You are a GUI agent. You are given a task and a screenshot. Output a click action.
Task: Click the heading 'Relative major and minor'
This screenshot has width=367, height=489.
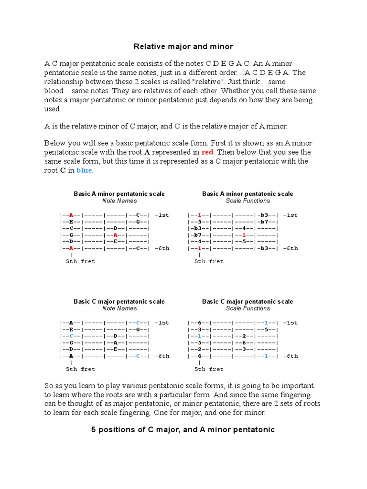click(183, 46)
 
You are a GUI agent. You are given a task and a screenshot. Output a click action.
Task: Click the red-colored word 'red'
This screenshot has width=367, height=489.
click(207, 152)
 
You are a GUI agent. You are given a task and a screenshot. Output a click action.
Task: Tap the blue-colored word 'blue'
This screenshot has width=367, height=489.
click(85, 170)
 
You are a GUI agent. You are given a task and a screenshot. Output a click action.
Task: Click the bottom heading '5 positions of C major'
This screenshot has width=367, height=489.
click(183, 430)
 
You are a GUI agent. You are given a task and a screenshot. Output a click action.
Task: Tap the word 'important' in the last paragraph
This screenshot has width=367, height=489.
click(297, 385)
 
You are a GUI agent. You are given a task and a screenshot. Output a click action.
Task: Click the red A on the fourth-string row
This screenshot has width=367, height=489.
click(116, 235)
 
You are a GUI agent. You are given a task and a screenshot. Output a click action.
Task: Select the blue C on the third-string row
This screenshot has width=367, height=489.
click(71, 336)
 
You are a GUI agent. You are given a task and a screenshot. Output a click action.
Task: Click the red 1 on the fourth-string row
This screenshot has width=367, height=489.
click(244, 235)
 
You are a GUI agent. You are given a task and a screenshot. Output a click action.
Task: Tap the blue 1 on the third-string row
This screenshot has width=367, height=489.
click(199, 336)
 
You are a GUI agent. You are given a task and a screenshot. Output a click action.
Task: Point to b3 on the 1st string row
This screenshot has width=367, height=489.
click(265, 215)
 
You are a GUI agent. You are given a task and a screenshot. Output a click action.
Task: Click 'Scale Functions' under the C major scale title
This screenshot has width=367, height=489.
click(248, 308)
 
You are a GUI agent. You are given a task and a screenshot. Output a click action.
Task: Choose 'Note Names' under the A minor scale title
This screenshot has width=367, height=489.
click(119, 201)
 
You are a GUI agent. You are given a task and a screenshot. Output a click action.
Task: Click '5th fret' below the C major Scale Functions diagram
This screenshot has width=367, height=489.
click(209, 369)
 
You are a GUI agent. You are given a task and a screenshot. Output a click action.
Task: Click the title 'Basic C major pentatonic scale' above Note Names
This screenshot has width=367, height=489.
click(119, 301)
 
